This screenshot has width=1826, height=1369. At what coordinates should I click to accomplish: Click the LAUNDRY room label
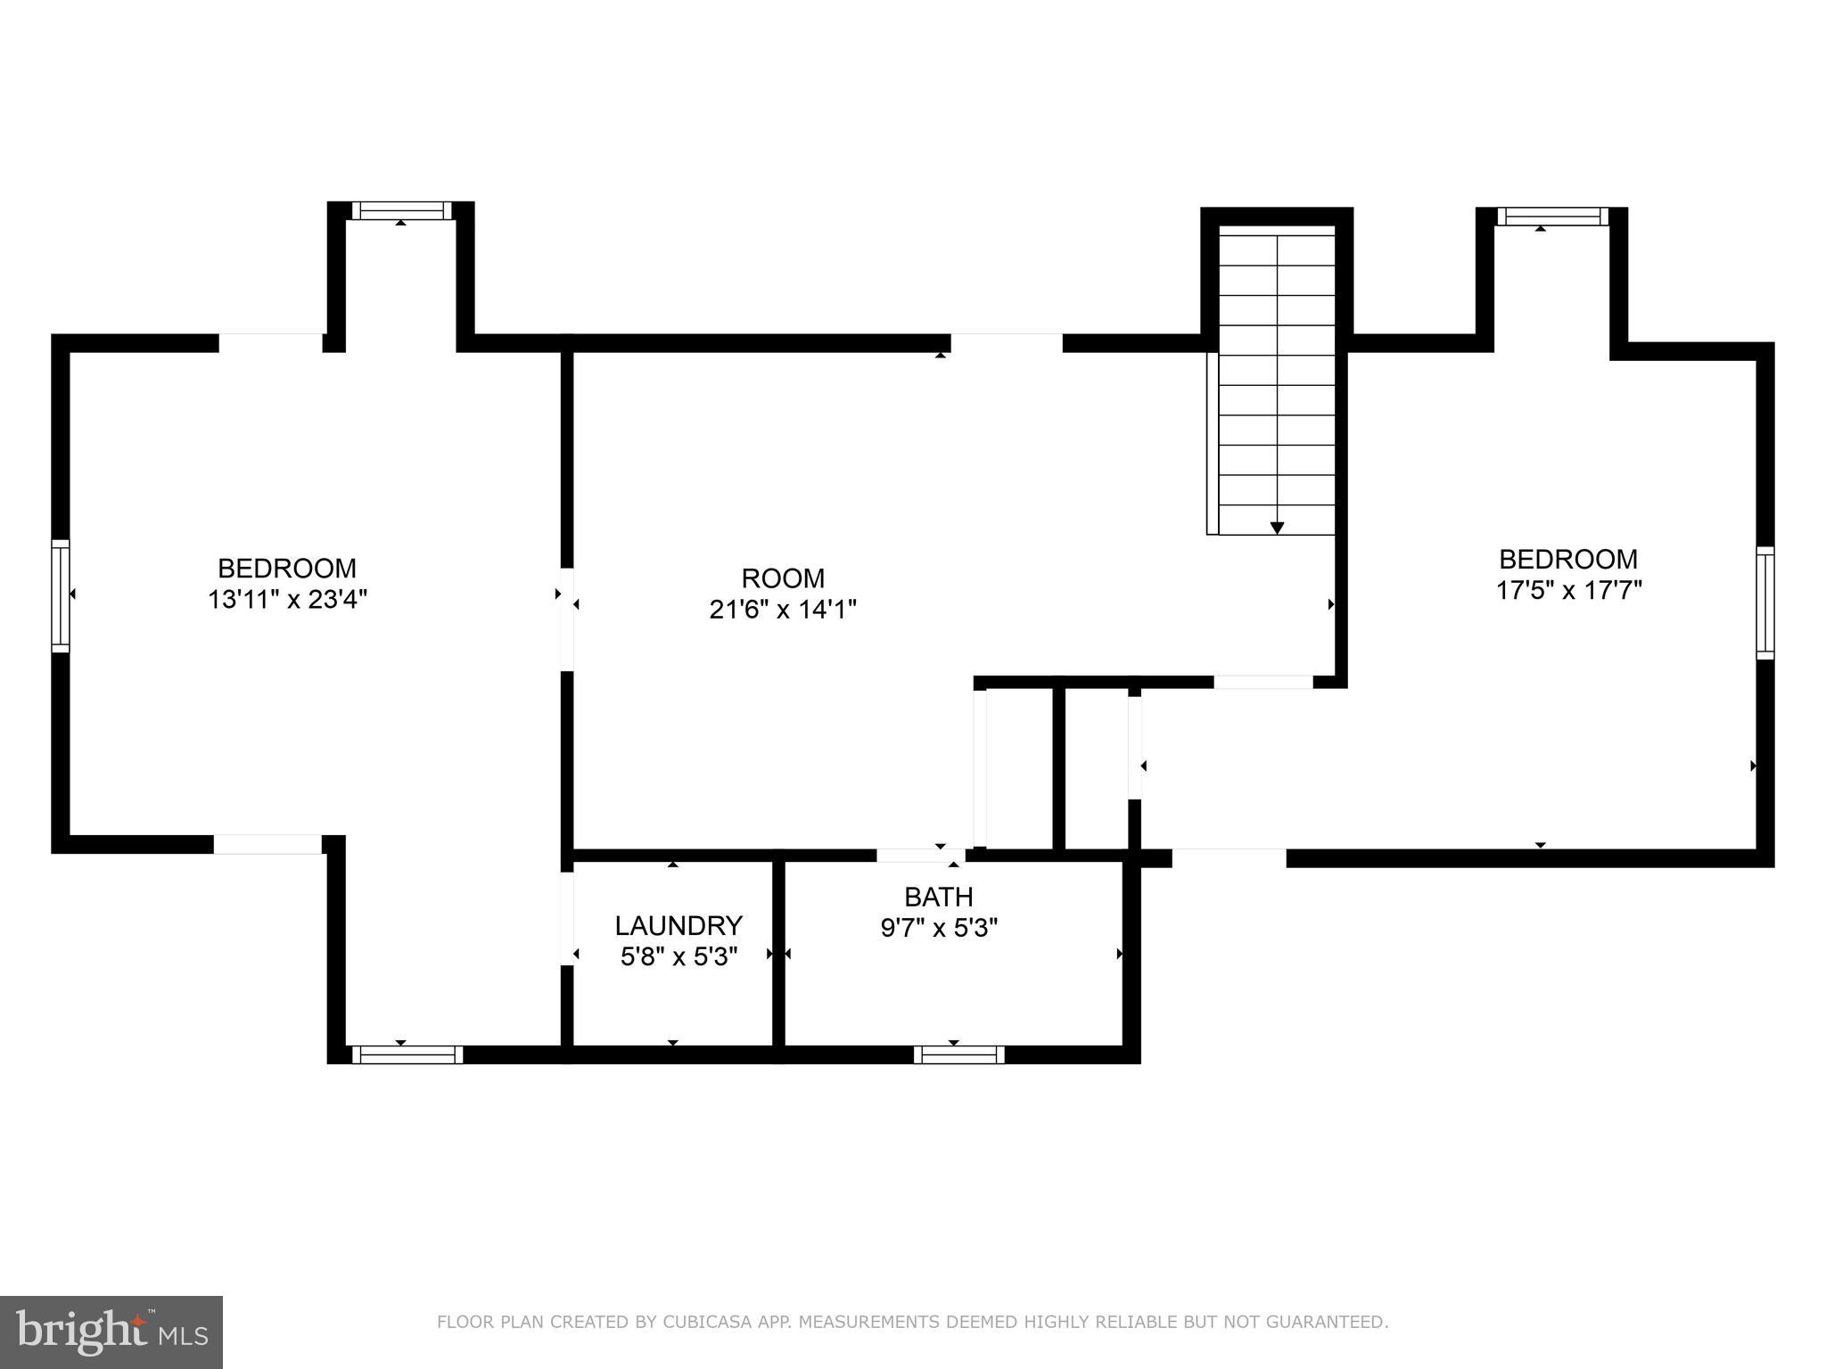pos(679,925)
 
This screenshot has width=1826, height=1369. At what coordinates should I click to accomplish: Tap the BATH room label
pos(938,896)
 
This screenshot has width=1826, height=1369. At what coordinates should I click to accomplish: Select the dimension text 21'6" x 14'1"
pos(783,610)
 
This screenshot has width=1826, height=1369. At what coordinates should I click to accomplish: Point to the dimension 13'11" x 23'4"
pos(287,599)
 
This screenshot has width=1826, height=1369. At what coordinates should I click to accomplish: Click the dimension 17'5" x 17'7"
pos(1568,590)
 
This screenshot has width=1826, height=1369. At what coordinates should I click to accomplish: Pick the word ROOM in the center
pos(783,578)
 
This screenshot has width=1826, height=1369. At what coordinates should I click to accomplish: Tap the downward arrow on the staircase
pos(1277,527)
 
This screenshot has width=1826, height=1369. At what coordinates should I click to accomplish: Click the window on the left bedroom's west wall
pos(61,594)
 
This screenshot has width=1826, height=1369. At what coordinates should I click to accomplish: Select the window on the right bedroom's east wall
pos(1764,603)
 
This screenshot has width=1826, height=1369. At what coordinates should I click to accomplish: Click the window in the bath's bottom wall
pos(958,1054)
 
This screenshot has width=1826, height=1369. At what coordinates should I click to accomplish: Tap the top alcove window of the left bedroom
pos(401,210)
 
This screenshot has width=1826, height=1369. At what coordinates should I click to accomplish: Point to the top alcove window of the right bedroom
pos(1552,217)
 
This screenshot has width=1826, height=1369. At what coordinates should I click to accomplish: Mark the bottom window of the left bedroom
pos(407,1054)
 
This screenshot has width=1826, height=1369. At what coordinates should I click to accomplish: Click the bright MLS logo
pos(111,1332)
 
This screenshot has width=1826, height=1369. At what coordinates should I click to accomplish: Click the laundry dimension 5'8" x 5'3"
pos(679,957)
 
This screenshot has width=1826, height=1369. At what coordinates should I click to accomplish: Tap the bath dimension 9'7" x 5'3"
pos(938,928)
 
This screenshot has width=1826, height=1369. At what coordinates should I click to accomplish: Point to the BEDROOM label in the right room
pos(1568,559)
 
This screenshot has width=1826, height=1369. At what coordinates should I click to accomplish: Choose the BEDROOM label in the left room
pos(287,568)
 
